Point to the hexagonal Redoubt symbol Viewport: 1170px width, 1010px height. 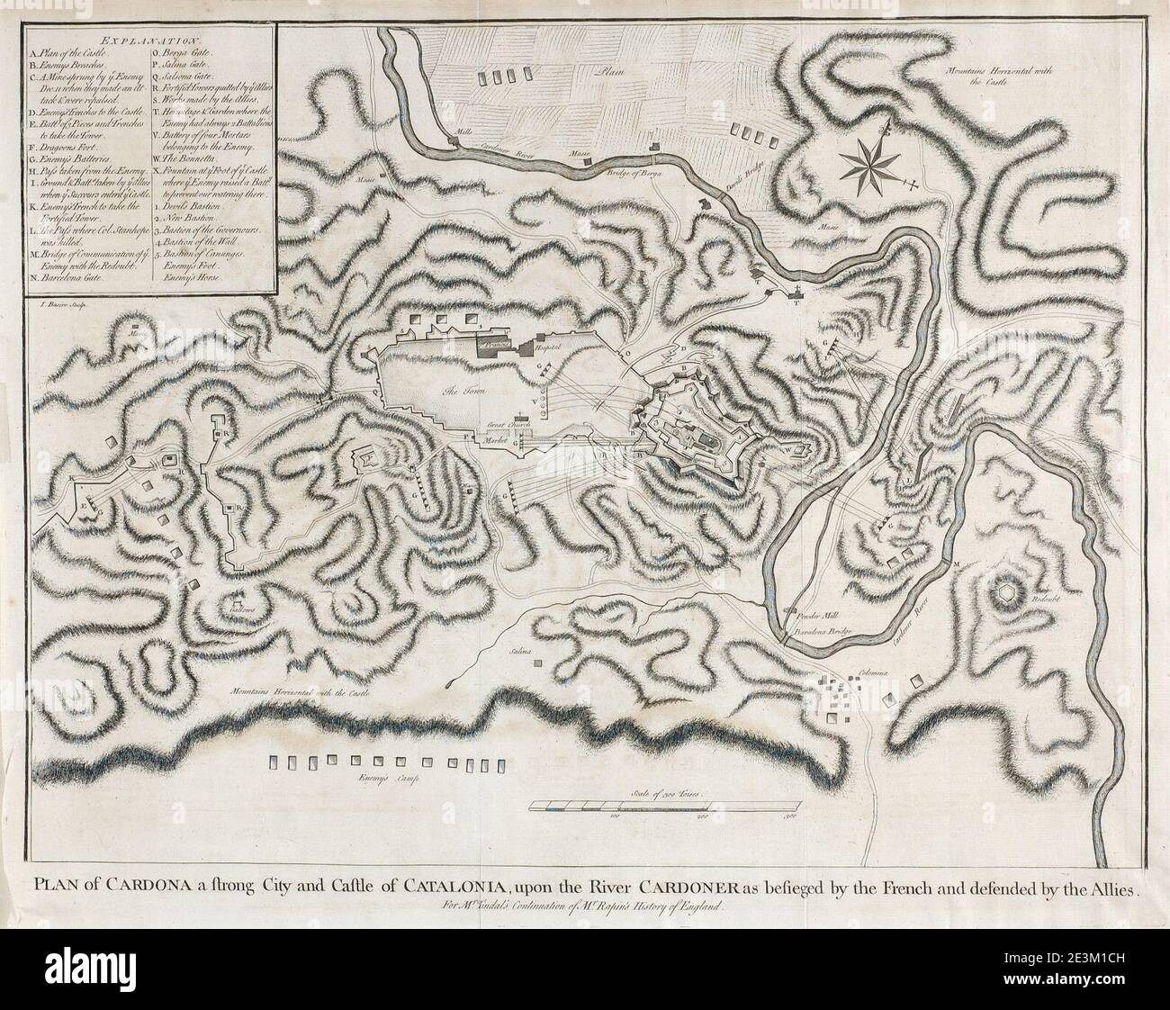1007,592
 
